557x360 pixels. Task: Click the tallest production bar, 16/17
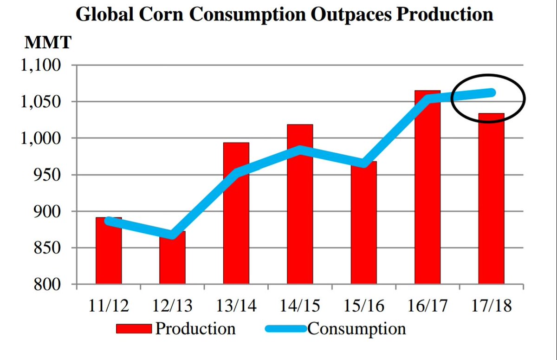pyautogui.click(x=427, y=195)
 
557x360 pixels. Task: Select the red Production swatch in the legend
pyautogui.click(x=134, y=329)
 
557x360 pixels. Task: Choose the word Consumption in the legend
pyautogui.click(x=356, y=329)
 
